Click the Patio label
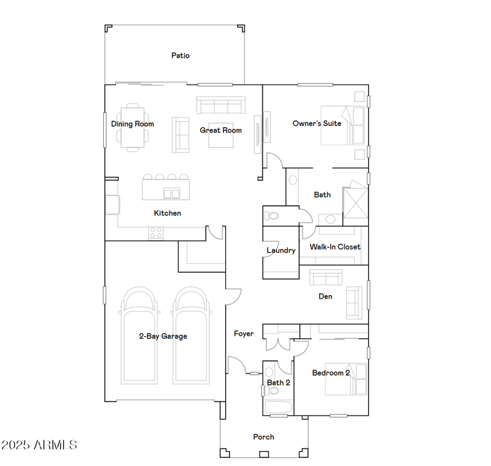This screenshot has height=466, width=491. (x=180, y=55)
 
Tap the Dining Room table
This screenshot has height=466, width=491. (x=133, y=127)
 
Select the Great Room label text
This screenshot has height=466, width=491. (x=220, y=130)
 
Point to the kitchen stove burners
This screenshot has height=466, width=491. (x=156, y=233)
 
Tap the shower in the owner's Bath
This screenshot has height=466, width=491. (x=355, y=200)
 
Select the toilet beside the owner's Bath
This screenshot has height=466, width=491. (x=272, y=216)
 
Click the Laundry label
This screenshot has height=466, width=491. (x=281, y=250)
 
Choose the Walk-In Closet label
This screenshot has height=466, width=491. (x=334, y=247)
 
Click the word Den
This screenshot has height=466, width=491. (x=325, y=296)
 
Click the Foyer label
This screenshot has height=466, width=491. (x=244, y=334)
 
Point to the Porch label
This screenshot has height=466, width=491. (x=263, y=437)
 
